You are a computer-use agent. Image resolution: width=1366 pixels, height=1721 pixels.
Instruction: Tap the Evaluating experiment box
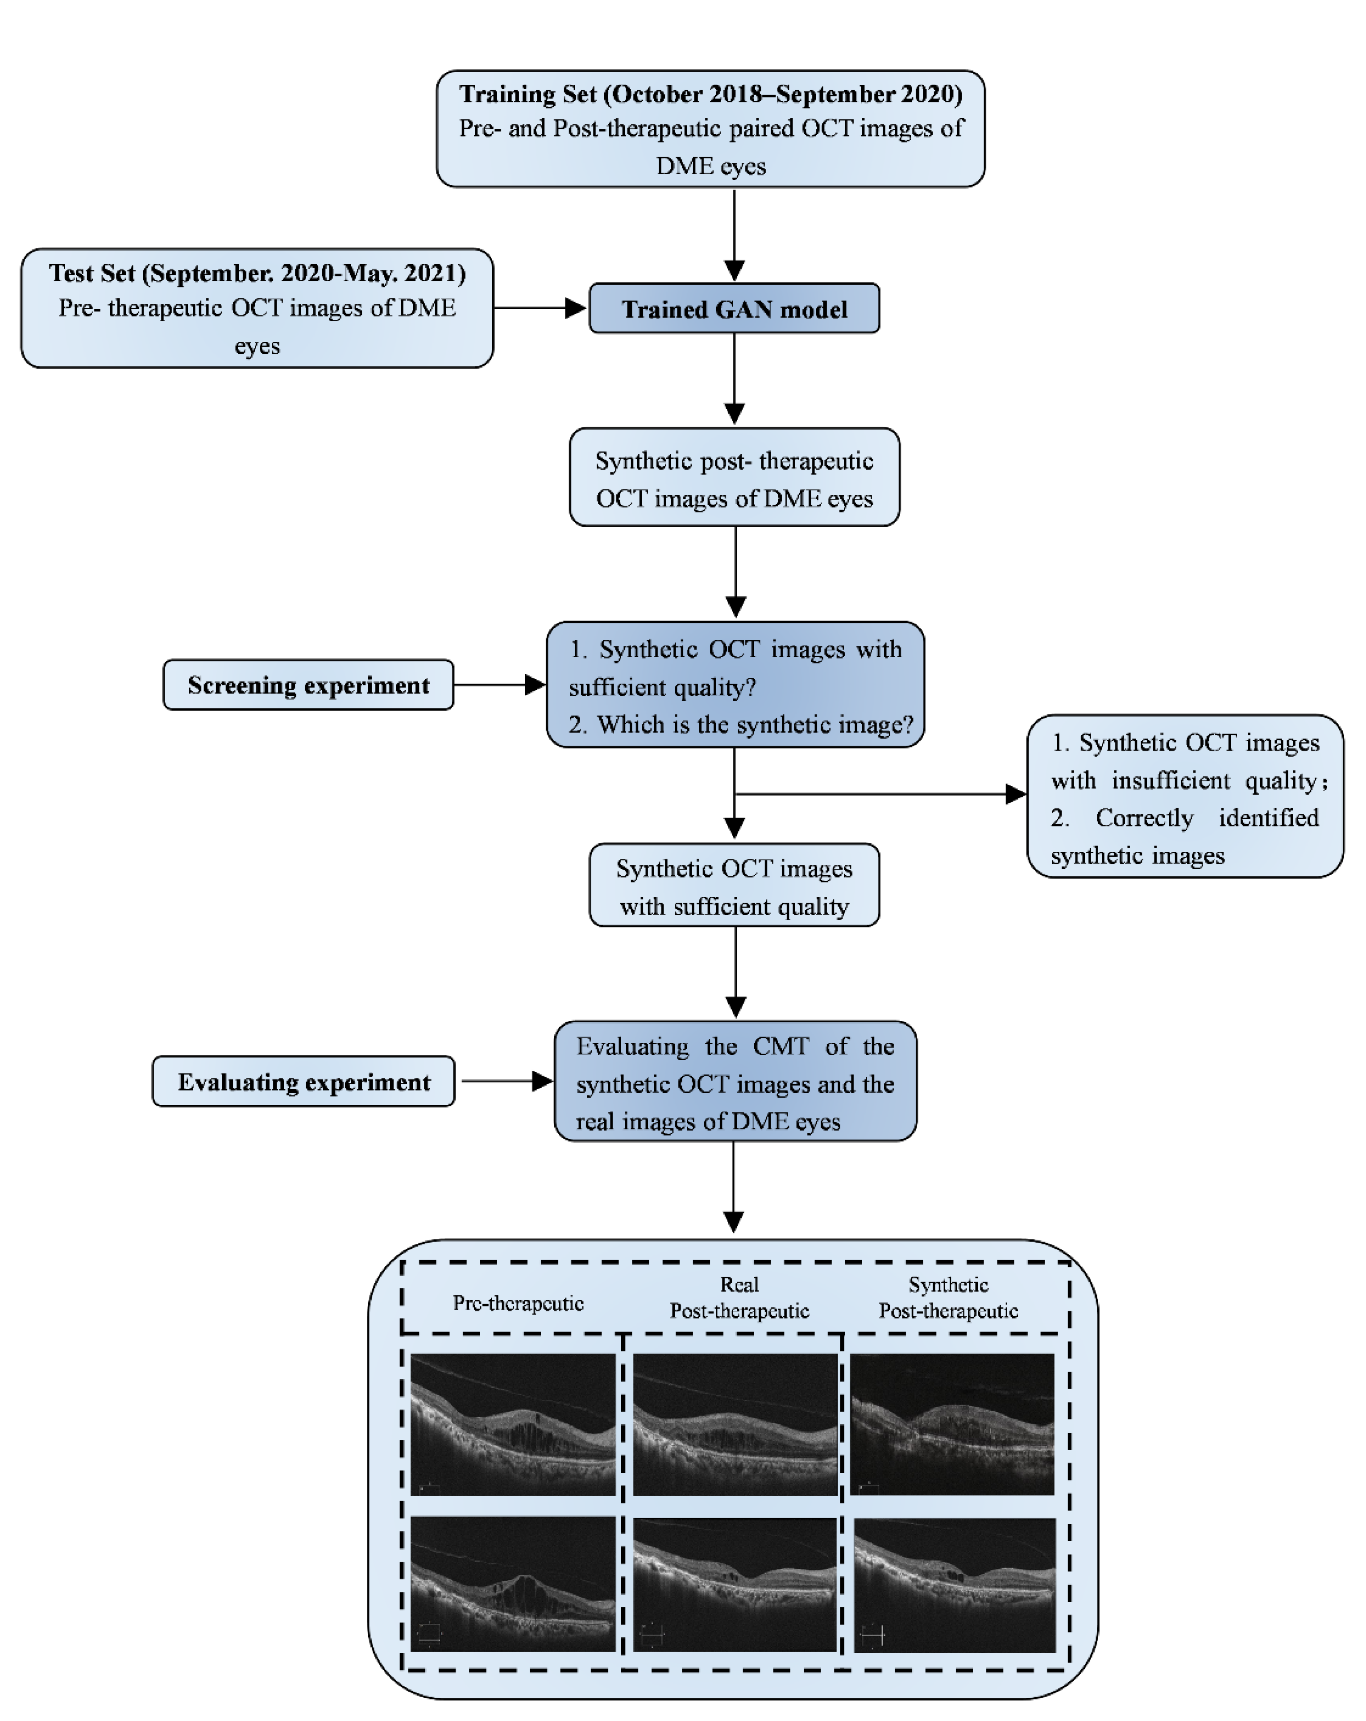(x=303, y=1082)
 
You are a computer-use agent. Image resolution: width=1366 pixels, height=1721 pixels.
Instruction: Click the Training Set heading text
(x=710, y=94)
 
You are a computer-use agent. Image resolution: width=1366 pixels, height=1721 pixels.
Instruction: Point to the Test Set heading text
(x=257, y=273)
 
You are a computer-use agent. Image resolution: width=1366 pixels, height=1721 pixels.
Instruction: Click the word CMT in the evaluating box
(x=781, y=1046)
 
